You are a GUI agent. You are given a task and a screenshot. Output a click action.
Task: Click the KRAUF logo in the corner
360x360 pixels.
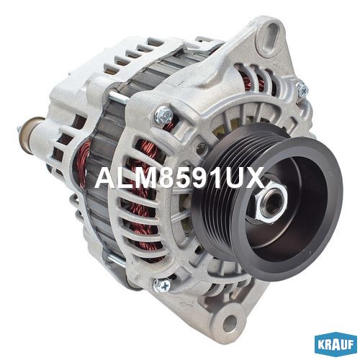(x=336, y=344)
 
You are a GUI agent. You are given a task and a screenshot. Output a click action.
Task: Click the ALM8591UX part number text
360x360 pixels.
(x=179, y=178)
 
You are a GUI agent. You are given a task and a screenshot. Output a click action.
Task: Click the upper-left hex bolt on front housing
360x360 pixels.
(x=164, y=114)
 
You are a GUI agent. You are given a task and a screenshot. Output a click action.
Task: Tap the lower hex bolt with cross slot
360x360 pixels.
(x=161, y=286)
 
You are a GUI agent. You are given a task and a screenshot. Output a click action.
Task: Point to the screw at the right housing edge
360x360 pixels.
(x=303, y=89)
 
